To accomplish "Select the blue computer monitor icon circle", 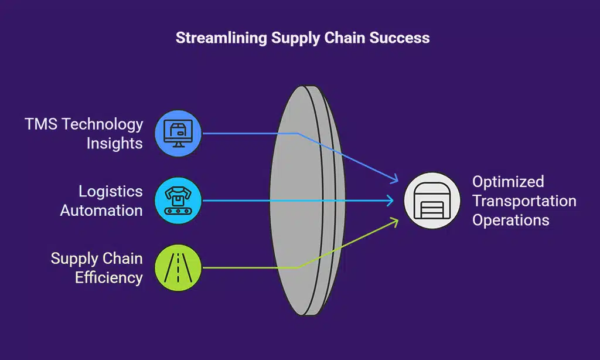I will [178, 134].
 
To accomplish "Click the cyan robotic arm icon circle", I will [178, 201].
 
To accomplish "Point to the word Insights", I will [115, 143].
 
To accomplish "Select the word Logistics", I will [111, 191].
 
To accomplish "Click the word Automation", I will [101, 210].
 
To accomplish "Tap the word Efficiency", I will [109, 277].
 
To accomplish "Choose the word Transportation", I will [524, 201].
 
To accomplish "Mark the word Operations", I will [510, 220].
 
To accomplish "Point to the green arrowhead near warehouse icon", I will [395, 222].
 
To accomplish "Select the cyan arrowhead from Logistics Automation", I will [391, 201].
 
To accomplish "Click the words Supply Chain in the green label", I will [96, 258].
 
